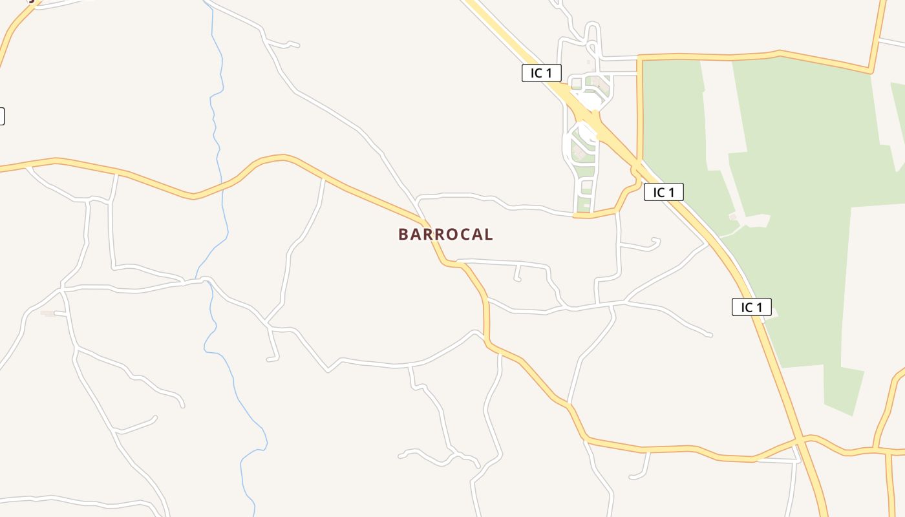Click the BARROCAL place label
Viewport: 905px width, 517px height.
coord(445,234)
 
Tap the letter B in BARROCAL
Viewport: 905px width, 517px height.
coord(403,234)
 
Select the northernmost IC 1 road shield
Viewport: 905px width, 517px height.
coord(541,73)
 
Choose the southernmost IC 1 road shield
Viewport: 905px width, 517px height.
coord(751,307)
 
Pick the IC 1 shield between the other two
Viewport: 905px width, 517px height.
coord(663,192)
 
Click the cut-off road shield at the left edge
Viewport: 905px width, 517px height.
coord(1,116)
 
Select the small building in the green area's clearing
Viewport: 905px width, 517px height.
coord(732,216)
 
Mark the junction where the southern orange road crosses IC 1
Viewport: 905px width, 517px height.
coord(800,441)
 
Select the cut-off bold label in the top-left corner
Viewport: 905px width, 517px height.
coord(29,1)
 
